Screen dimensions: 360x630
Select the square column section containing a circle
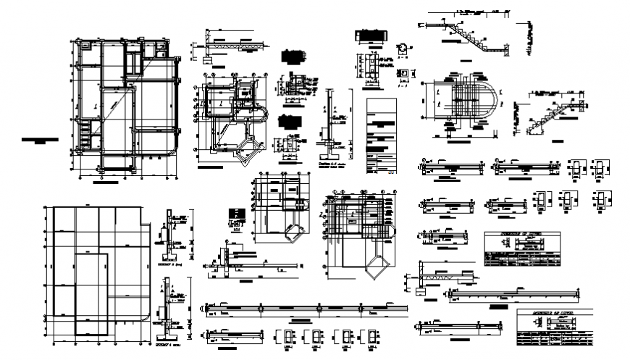pyautogui.click(x=403, y=70)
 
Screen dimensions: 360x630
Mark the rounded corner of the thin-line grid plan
pyautogui.click(x=148, y=316)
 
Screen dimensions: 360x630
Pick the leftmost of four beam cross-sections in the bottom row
pyautogui.click(x=285, y=337)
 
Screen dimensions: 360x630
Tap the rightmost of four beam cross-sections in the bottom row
pyautogui.click(x=371, y=337)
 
